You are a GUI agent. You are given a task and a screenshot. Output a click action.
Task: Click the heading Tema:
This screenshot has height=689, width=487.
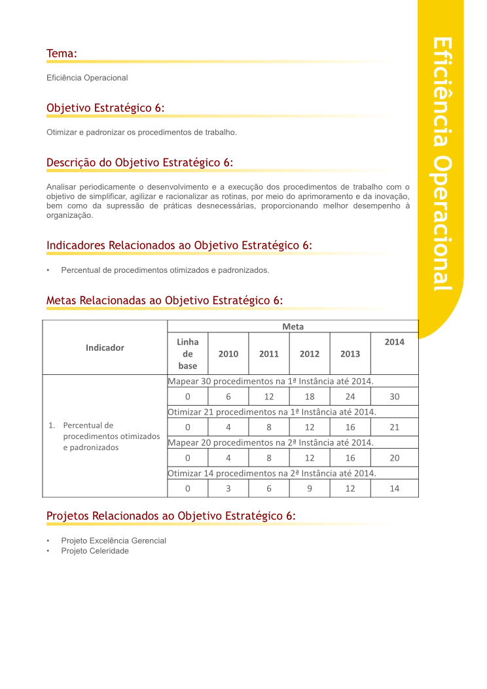(62, 53)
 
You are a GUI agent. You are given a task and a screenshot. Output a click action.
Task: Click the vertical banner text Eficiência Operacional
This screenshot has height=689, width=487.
(442, 164)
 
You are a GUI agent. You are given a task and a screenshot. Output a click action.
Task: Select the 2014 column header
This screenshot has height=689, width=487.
(394, 342)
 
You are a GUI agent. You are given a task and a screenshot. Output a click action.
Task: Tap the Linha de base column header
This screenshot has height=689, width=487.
(188, 353)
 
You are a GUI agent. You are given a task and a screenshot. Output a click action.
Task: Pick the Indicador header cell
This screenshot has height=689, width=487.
(105, 347)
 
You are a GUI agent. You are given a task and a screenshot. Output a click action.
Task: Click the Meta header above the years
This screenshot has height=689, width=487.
(293, 327)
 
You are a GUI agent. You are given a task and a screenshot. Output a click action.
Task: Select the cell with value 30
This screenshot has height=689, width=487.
(394, 397)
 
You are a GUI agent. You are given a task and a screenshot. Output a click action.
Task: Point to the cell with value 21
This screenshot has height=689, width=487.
(394, 427)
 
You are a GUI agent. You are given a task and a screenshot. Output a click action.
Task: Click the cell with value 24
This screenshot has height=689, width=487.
(350, 397)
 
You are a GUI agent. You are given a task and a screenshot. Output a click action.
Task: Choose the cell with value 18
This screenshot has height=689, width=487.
(310, 397)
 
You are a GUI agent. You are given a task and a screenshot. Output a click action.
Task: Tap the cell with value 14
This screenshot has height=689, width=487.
(394, 488)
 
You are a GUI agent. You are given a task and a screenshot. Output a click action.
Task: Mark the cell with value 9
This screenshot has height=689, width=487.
(310, 488)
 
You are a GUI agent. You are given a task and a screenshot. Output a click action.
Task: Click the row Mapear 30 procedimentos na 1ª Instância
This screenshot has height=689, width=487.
(271, 381)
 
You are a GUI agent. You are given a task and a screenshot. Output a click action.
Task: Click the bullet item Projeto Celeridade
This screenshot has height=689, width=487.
(95, 551)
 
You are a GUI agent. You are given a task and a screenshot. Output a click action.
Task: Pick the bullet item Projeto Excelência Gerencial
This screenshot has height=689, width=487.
(113, 540)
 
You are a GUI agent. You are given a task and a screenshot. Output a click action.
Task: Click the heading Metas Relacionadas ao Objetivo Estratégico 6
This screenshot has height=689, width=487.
(164, 300)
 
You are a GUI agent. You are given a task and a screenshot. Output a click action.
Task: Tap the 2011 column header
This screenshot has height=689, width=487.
(269, 353)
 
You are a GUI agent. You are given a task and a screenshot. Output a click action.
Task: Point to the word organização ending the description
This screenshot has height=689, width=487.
(70, 215)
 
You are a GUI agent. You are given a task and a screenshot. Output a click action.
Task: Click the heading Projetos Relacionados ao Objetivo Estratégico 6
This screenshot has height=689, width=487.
(171, 516)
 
